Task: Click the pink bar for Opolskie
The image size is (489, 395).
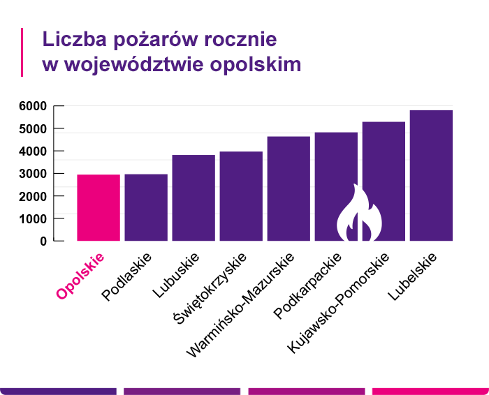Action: pyautogui.click(x=98, y=208)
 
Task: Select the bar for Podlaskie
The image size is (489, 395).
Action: pyautogui.click(x=146, y=208)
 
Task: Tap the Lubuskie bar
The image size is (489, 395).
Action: pyautogui.click(x=194, y=198)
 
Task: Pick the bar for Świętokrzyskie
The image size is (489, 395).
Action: pyautogui.click(x=241, y=196)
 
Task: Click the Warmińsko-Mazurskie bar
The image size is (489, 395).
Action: pyautogui.click(x=289, y=188)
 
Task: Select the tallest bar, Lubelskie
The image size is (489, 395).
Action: pyautogui.click(x=431, y=176)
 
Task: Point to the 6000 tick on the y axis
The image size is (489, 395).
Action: pyautogui.click(x=33, y=106)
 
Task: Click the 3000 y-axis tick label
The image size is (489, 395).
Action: pyautogui.click(x=33, y=174)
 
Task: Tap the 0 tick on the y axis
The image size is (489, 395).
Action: pyautogui.click(x=43, y=241)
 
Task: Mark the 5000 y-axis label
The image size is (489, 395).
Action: pyautogui.click(x=33, y=128)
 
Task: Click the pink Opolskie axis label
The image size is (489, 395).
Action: pyautogui.click(x=80, y=276)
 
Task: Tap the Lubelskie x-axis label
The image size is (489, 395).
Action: pyautogui.click(x=414, y=276)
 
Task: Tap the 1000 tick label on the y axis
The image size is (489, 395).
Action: pyautogui.click(x=33, y=218)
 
